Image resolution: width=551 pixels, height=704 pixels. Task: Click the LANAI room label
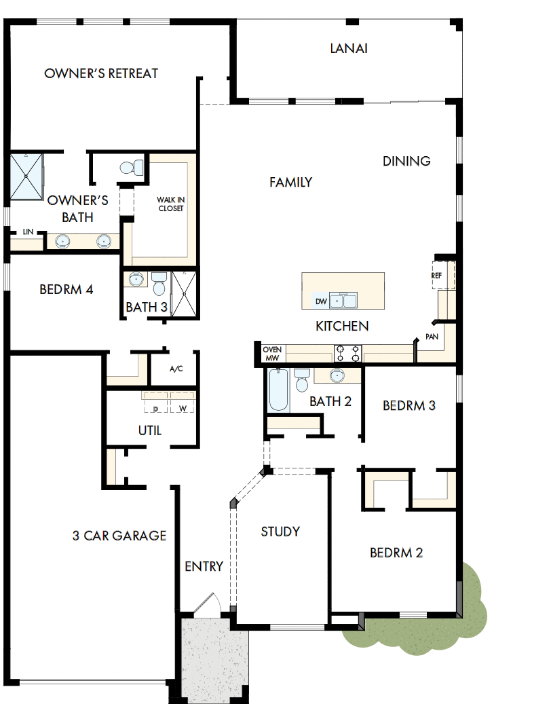click(349, 48)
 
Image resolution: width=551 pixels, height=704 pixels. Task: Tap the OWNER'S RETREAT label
click(101, 73)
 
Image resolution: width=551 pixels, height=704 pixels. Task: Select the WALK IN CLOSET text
click(170, 204)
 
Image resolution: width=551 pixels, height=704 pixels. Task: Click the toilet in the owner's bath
click(132, 167)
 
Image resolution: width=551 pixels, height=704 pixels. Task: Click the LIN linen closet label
click(28, 232)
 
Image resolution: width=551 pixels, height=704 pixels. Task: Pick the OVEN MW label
click(272, 354)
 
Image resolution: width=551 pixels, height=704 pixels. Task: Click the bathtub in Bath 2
click(278, 390)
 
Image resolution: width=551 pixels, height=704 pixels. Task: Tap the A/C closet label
click(176, 369)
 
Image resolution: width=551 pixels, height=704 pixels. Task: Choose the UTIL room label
click(149, 430)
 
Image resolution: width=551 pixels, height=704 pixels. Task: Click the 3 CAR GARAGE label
click(119, 536)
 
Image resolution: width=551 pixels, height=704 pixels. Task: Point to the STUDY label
click(280, 532)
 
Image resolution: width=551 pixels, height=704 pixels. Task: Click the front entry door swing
click(206, 606)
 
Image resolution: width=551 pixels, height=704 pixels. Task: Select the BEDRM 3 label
click(409, 406)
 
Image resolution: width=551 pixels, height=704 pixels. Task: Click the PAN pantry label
click(431, 337)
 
